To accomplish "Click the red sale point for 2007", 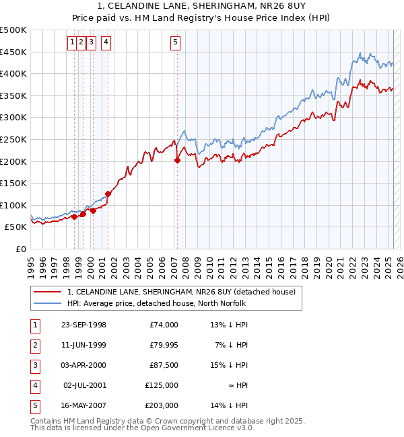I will pyautogui.click(x=178, y=160).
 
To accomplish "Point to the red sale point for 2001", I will pyautogui.click(x=108, y=194).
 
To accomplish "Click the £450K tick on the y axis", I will pyautogui.click(x=13, y=52).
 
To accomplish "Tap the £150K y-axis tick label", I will pyautogui.click(x=13, y=183).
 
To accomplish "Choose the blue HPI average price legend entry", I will pyautogui.click(x=156, y=303).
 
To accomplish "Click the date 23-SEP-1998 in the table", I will pyautogui.click(x=83, y=325).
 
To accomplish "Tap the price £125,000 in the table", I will pyautogui.click(x=162, y=385).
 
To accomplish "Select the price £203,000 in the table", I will pyautogui.click(x=162, y=405).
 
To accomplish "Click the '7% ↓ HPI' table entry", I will pyautogui.click(x=233, y=345).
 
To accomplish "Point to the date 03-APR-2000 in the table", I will pyautogui.click(x=83, y=365).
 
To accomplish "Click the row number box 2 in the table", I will pyautogui.click(x=34, y=345).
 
